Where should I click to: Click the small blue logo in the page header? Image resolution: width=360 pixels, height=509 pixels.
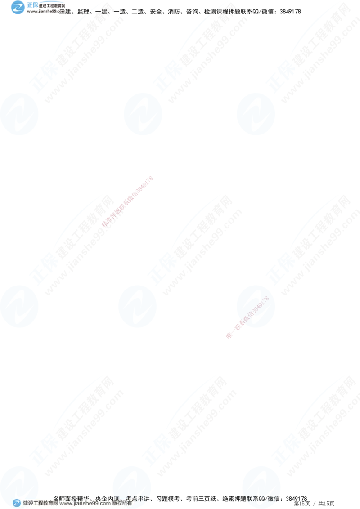point(18,7)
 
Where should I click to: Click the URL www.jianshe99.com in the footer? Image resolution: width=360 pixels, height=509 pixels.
point(85,504)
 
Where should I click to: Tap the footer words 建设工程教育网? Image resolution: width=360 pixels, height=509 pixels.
point(40,504)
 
